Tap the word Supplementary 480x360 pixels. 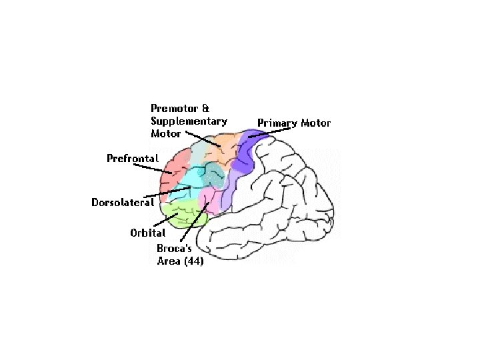click(189, 121)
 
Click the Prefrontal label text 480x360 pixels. click(133, 159)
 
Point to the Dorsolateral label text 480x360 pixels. click(123, 202)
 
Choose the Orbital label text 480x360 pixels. click(147, 233)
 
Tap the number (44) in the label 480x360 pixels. click(192, 261)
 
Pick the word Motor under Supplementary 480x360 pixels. click(166, 133)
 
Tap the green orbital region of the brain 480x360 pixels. click(184, 214)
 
